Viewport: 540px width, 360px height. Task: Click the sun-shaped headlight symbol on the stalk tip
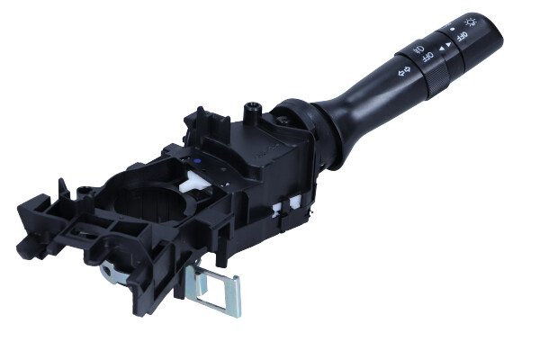471,22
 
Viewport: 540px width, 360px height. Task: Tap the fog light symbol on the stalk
419,49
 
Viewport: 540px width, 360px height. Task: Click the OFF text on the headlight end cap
462,36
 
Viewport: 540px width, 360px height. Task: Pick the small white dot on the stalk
452,30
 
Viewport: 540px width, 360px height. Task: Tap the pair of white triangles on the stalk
445,47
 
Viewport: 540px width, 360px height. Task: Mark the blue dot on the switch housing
196,160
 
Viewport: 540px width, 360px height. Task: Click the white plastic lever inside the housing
193,182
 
